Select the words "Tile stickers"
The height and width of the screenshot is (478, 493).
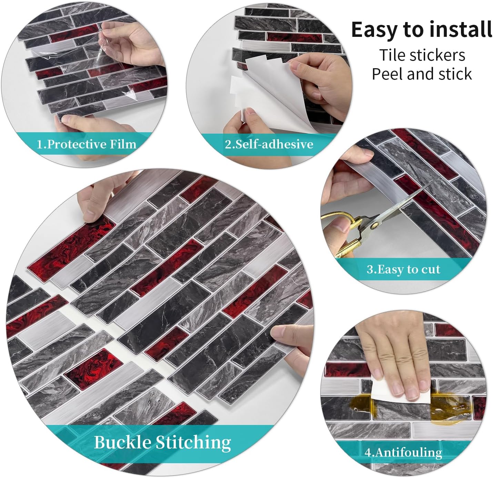click(422, 55)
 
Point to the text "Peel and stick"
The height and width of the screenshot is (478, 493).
click(422, 74)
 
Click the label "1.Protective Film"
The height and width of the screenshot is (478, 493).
click(87, 144)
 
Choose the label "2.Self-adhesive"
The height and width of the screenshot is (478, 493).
click(269, 144)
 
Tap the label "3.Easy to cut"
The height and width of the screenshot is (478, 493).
click(403, 269)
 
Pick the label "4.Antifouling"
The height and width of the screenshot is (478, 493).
click(403, 452)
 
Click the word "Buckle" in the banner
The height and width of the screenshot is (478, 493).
click(123, 442)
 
